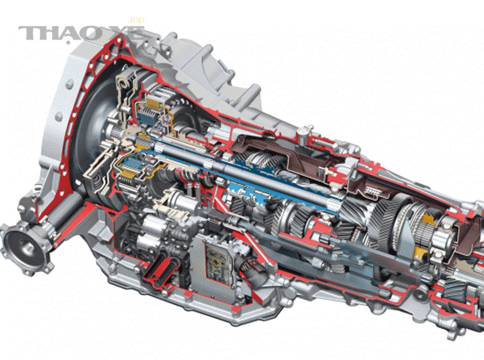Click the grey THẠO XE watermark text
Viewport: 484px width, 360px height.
pos(81,33)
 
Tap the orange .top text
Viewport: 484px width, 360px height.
pos(136,20)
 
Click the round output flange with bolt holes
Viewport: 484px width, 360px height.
pos(24,249)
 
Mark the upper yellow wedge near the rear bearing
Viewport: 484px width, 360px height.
pos(429,219)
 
